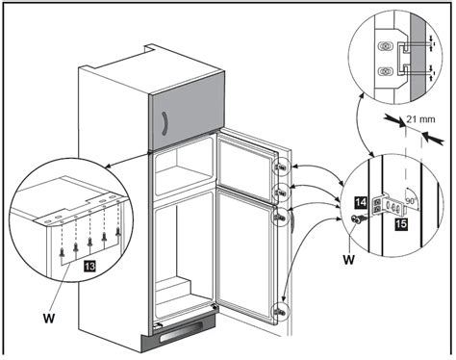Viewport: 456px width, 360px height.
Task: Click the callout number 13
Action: pos(89,266)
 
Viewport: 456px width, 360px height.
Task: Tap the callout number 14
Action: pos(361,202)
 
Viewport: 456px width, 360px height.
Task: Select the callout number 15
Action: pos(401,223)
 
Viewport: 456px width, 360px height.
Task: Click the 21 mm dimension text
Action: pos(420,119)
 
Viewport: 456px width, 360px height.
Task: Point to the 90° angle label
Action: pos(411,202)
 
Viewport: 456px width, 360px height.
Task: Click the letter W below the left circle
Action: pos(49,319)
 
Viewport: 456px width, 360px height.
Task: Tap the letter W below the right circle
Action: pos(348,259)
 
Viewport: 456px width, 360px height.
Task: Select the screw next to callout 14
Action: pos(358,219)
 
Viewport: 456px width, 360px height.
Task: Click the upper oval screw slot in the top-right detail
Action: pos(385,46)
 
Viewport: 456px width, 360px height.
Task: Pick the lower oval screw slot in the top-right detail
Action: pos(385,71)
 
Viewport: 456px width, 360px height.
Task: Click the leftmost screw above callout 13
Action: pos(62,253)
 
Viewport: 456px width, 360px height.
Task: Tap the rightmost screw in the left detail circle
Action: pos(118,232)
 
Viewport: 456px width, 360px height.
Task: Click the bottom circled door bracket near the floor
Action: pos(280,312)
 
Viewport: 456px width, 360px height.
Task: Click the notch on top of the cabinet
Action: pos(149,48)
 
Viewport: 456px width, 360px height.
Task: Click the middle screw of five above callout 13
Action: pos(89,242)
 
